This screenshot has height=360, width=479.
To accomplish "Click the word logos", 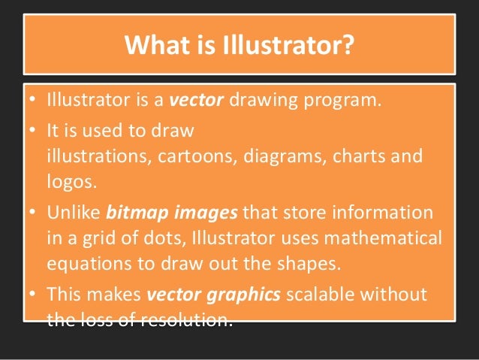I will tap(66, 181).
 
